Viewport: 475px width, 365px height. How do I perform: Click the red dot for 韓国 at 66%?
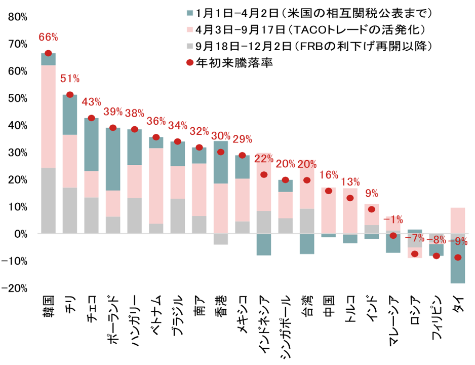pyautogui.click(x=49, y=53)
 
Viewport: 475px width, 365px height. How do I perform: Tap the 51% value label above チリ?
pyautogui.click(x=70, y=78)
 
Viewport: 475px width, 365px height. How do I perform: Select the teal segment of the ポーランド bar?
pyautogui.click(x=113, y=159)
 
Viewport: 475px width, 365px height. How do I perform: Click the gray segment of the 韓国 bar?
pyautogui.click(x=49, y=201)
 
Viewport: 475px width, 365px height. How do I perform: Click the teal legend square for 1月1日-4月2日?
pyautogui.click(x=190, y=12)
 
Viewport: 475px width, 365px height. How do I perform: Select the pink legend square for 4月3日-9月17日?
pyautogui.click(x=190, y=29)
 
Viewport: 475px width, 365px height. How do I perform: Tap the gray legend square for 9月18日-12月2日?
pyautogui.click(x=190, y=46)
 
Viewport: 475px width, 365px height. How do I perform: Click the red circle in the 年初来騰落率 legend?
pyautogui.click(x=190, y=63)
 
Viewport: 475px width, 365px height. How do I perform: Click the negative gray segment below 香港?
pyautogui.click(x=221, y=239)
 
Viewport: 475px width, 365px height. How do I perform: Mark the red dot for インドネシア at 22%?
pyautogui.click(x=264, y=175)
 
